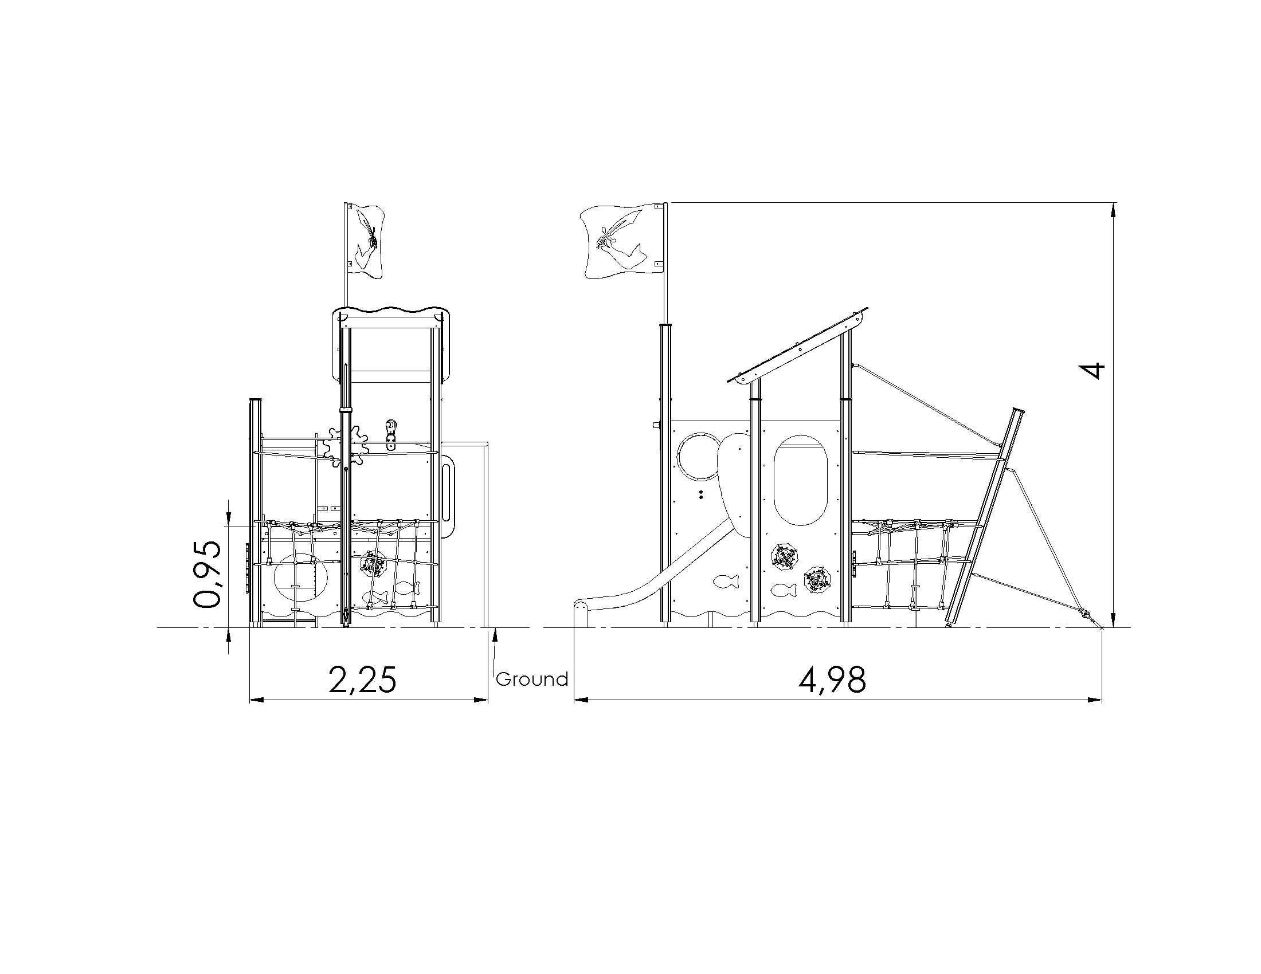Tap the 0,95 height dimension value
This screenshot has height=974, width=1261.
click(207, 574)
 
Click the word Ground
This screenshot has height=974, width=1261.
click(532, 679)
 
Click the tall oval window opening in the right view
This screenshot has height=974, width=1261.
click(800, 480)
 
